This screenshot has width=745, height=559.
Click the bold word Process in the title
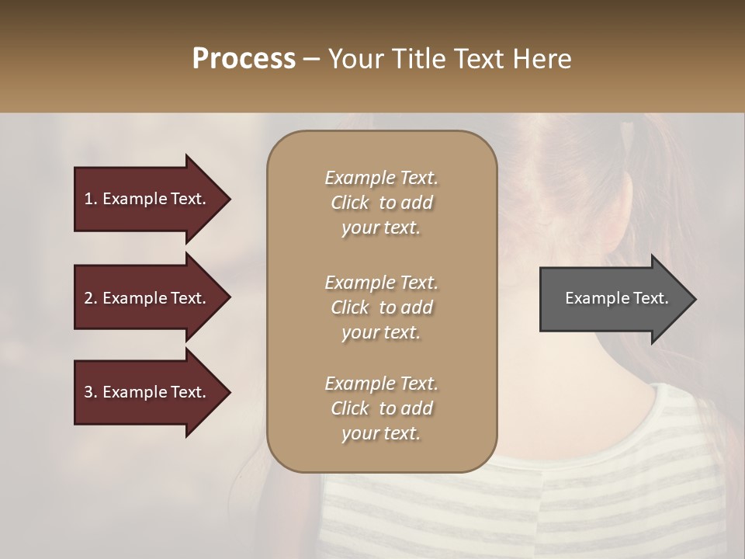244,59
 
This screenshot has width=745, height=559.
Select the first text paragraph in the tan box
381,203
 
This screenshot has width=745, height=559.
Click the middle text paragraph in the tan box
381,307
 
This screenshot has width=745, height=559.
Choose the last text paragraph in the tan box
381,408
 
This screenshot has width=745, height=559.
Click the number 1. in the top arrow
91,199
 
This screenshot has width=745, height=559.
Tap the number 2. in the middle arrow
91,298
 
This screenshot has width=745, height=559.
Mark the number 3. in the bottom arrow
91,392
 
